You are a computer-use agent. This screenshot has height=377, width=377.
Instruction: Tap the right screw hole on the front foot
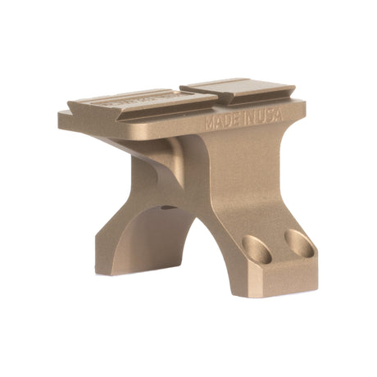pos(296,240)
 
